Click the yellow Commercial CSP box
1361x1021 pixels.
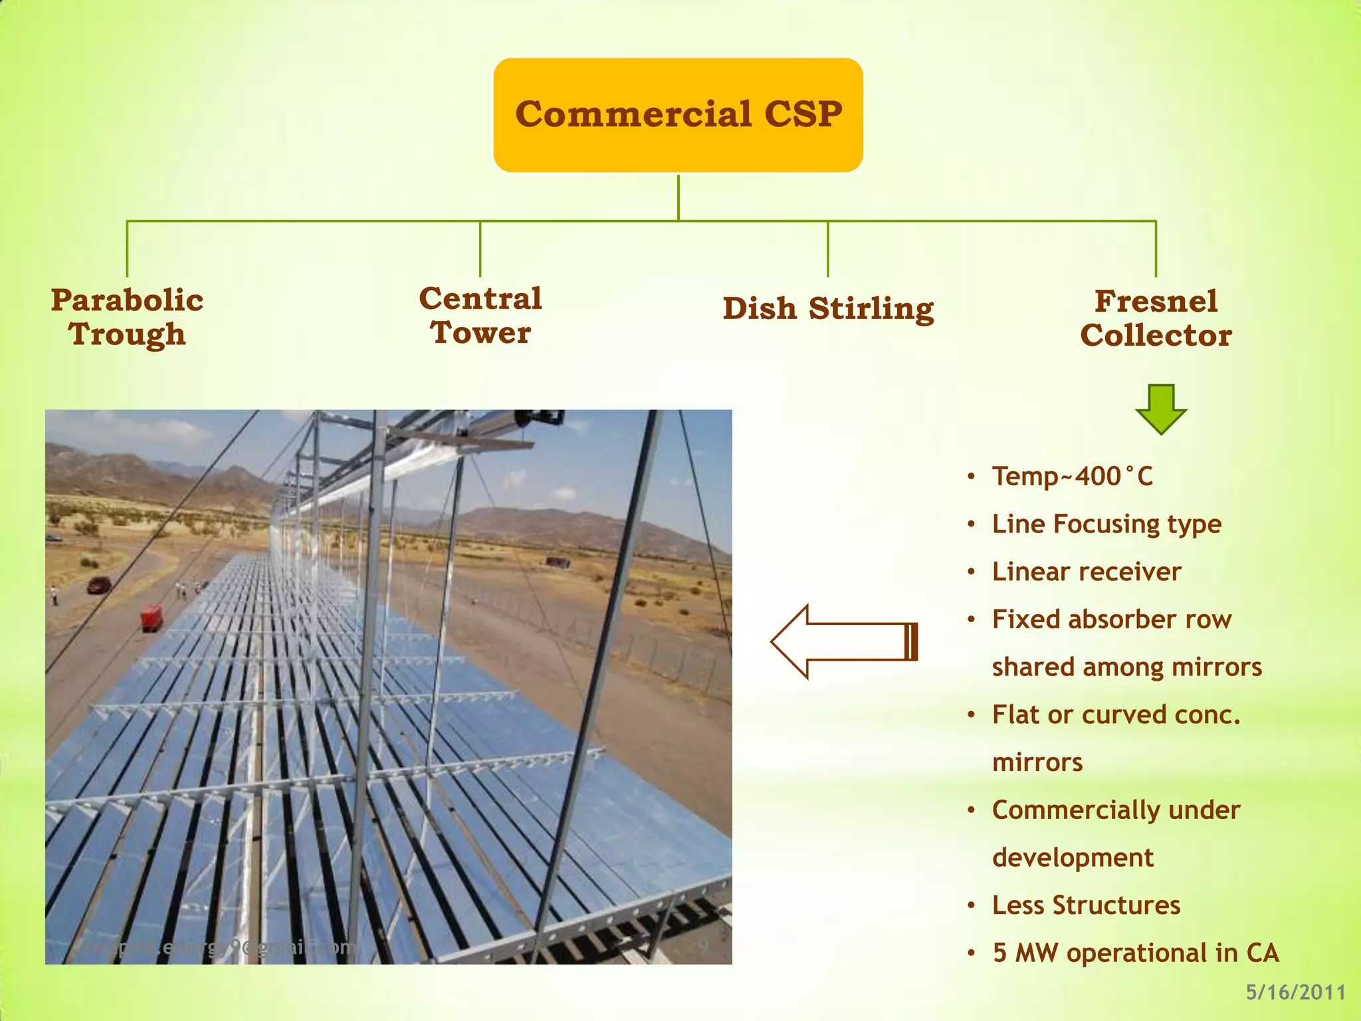(x=678, y=114)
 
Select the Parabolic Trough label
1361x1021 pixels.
(x=127, y=317)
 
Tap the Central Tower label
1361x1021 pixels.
(x=480, y=316)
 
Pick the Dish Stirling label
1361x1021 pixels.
(x=828, y=308)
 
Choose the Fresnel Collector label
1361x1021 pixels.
(x=1156, y=318)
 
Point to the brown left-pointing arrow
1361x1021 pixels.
(x=844, y=641)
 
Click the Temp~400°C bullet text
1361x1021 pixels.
(x=1072, y=477)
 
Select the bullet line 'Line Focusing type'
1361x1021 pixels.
(x=1106, y=524)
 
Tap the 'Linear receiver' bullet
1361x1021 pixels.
(x=1087, y=572)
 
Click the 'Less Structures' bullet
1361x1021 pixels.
(x=1086, y=905)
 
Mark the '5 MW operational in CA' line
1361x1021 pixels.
(x=1135, y=953)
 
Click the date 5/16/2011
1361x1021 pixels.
(x=1295, y=992)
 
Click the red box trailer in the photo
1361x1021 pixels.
(x=152, y=618)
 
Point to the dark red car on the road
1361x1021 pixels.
(x=100, y=585)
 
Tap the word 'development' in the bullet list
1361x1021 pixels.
(x=1073, y=857)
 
